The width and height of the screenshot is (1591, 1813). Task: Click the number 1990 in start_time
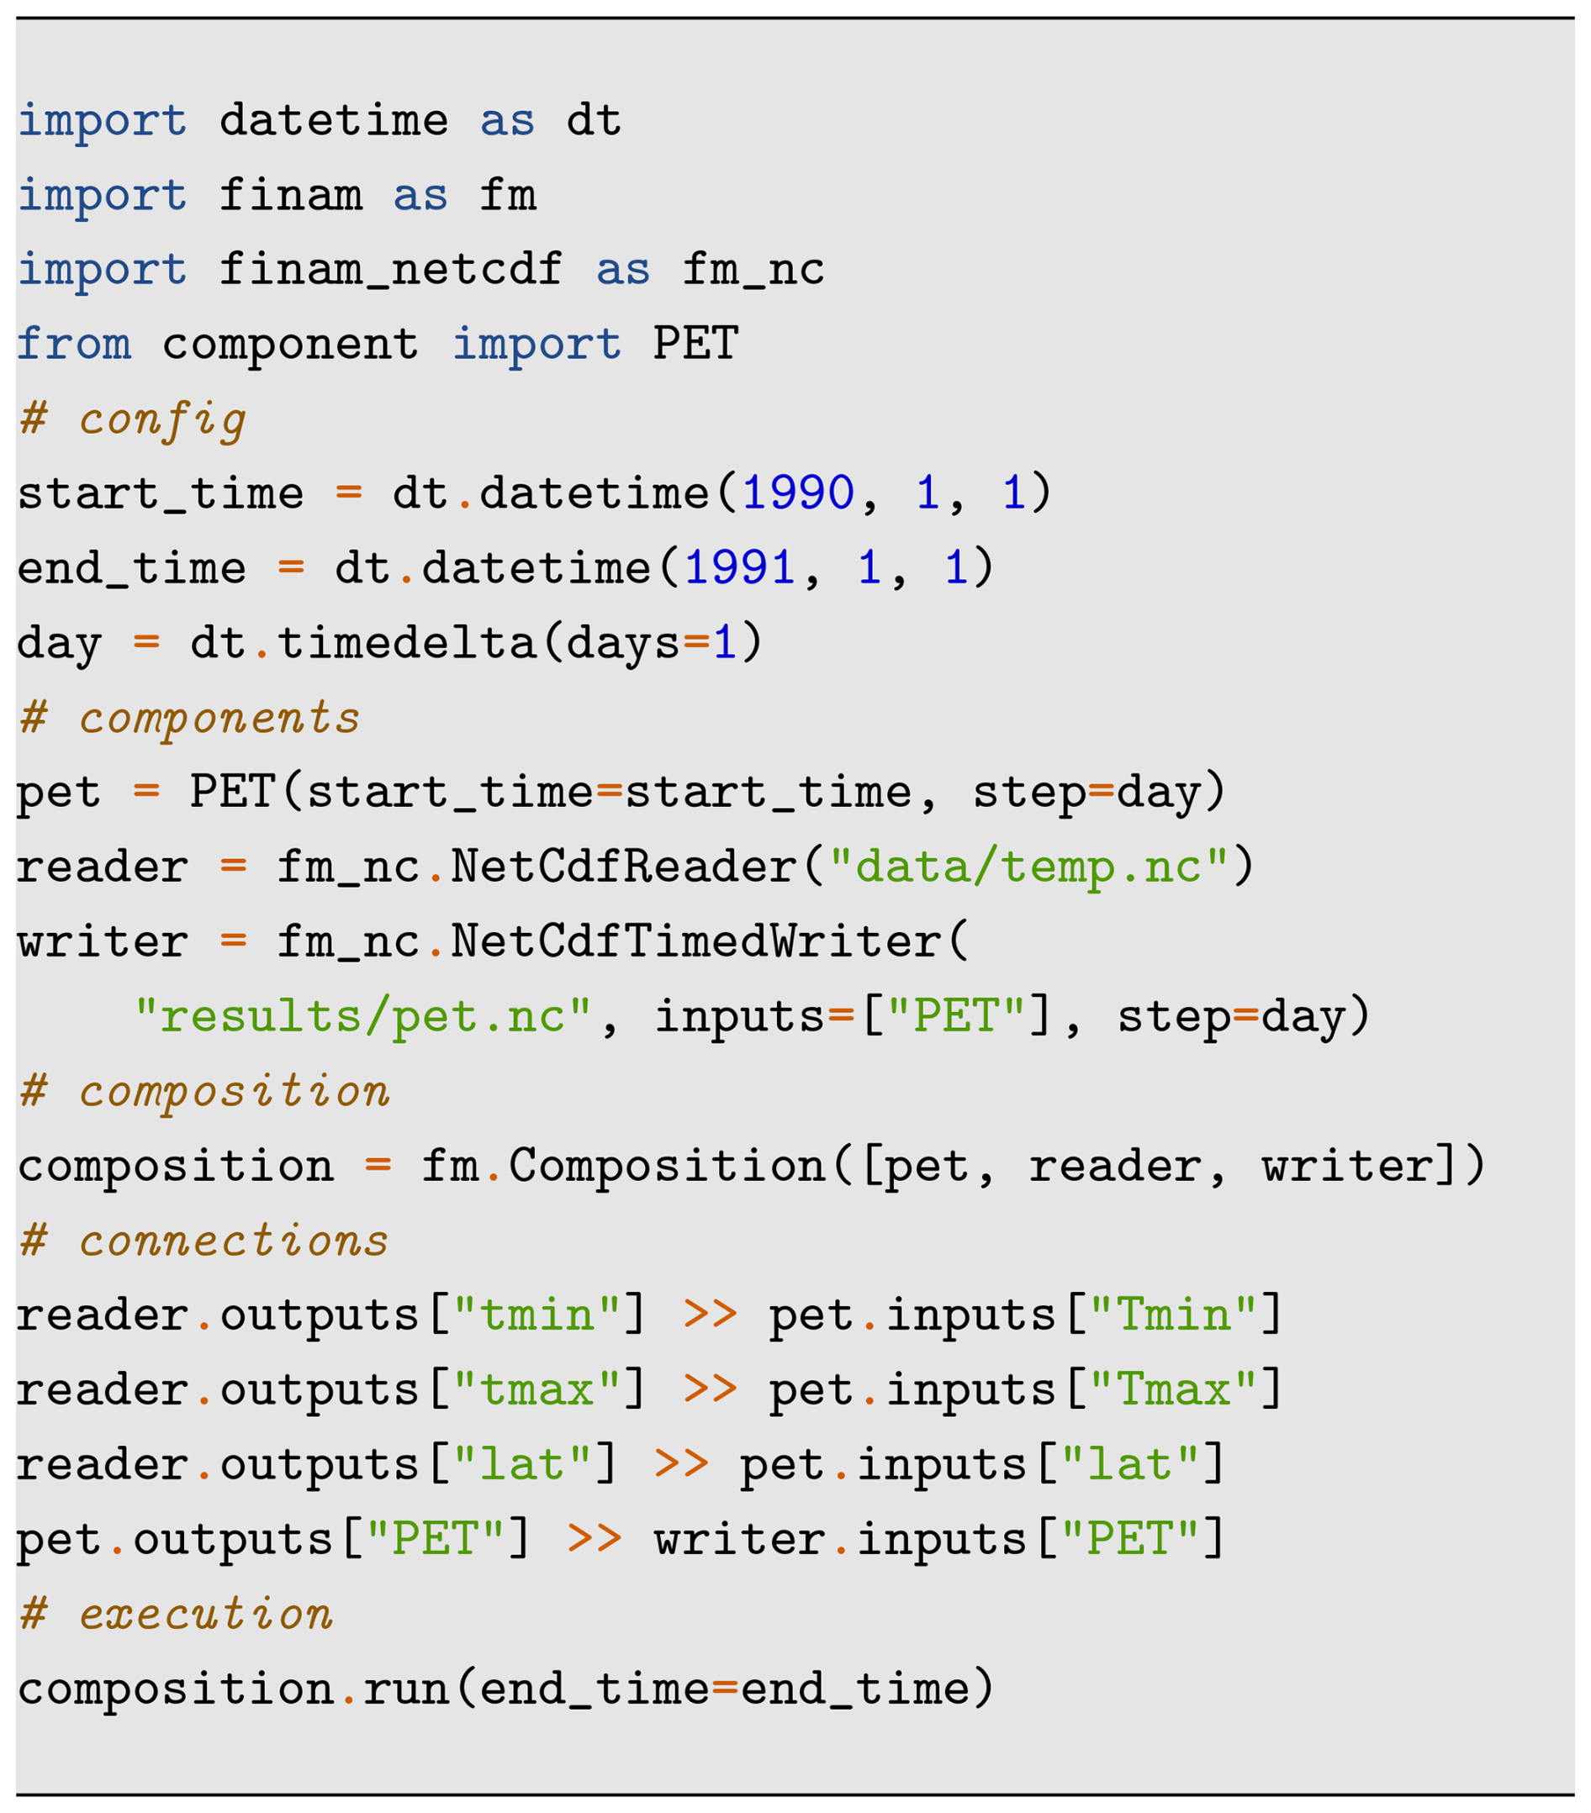(x=797, y=493)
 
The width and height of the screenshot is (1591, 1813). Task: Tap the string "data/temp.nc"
(x=1028, y=866)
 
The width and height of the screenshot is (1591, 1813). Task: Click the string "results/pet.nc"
(x=362, y=1015)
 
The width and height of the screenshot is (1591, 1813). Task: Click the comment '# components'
(x=189, y=718)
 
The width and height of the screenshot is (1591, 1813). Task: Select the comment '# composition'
(x=203, y=1090)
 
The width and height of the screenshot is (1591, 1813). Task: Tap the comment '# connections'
(x=203, y=1239)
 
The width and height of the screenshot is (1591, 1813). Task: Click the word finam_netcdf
(x=390, y=269)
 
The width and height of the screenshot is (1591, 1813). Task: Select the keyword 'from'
(x=75, y=343)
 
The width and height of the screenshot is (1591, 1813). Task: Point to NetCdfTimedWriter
(x=695, y=941)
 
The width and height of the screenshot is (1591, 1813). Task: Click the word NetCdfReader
(x=624, y=866)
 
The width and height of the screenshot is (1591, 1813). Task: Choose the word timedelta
(x=406, y=642)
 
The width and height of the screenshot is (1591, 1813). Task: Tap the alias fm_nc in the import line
(x=753, y=269)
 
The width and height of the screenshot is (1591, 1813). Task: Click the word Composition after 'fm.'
(x=666, y=1165)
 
